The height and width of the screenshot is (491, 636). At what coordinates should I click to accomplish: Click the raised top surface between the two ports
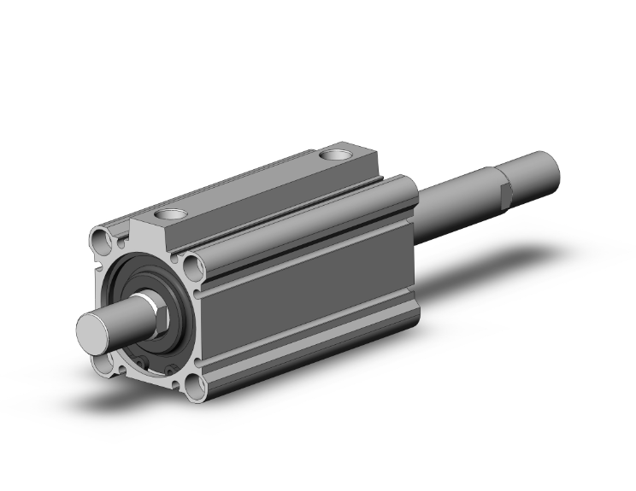[x=256, y=184]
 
